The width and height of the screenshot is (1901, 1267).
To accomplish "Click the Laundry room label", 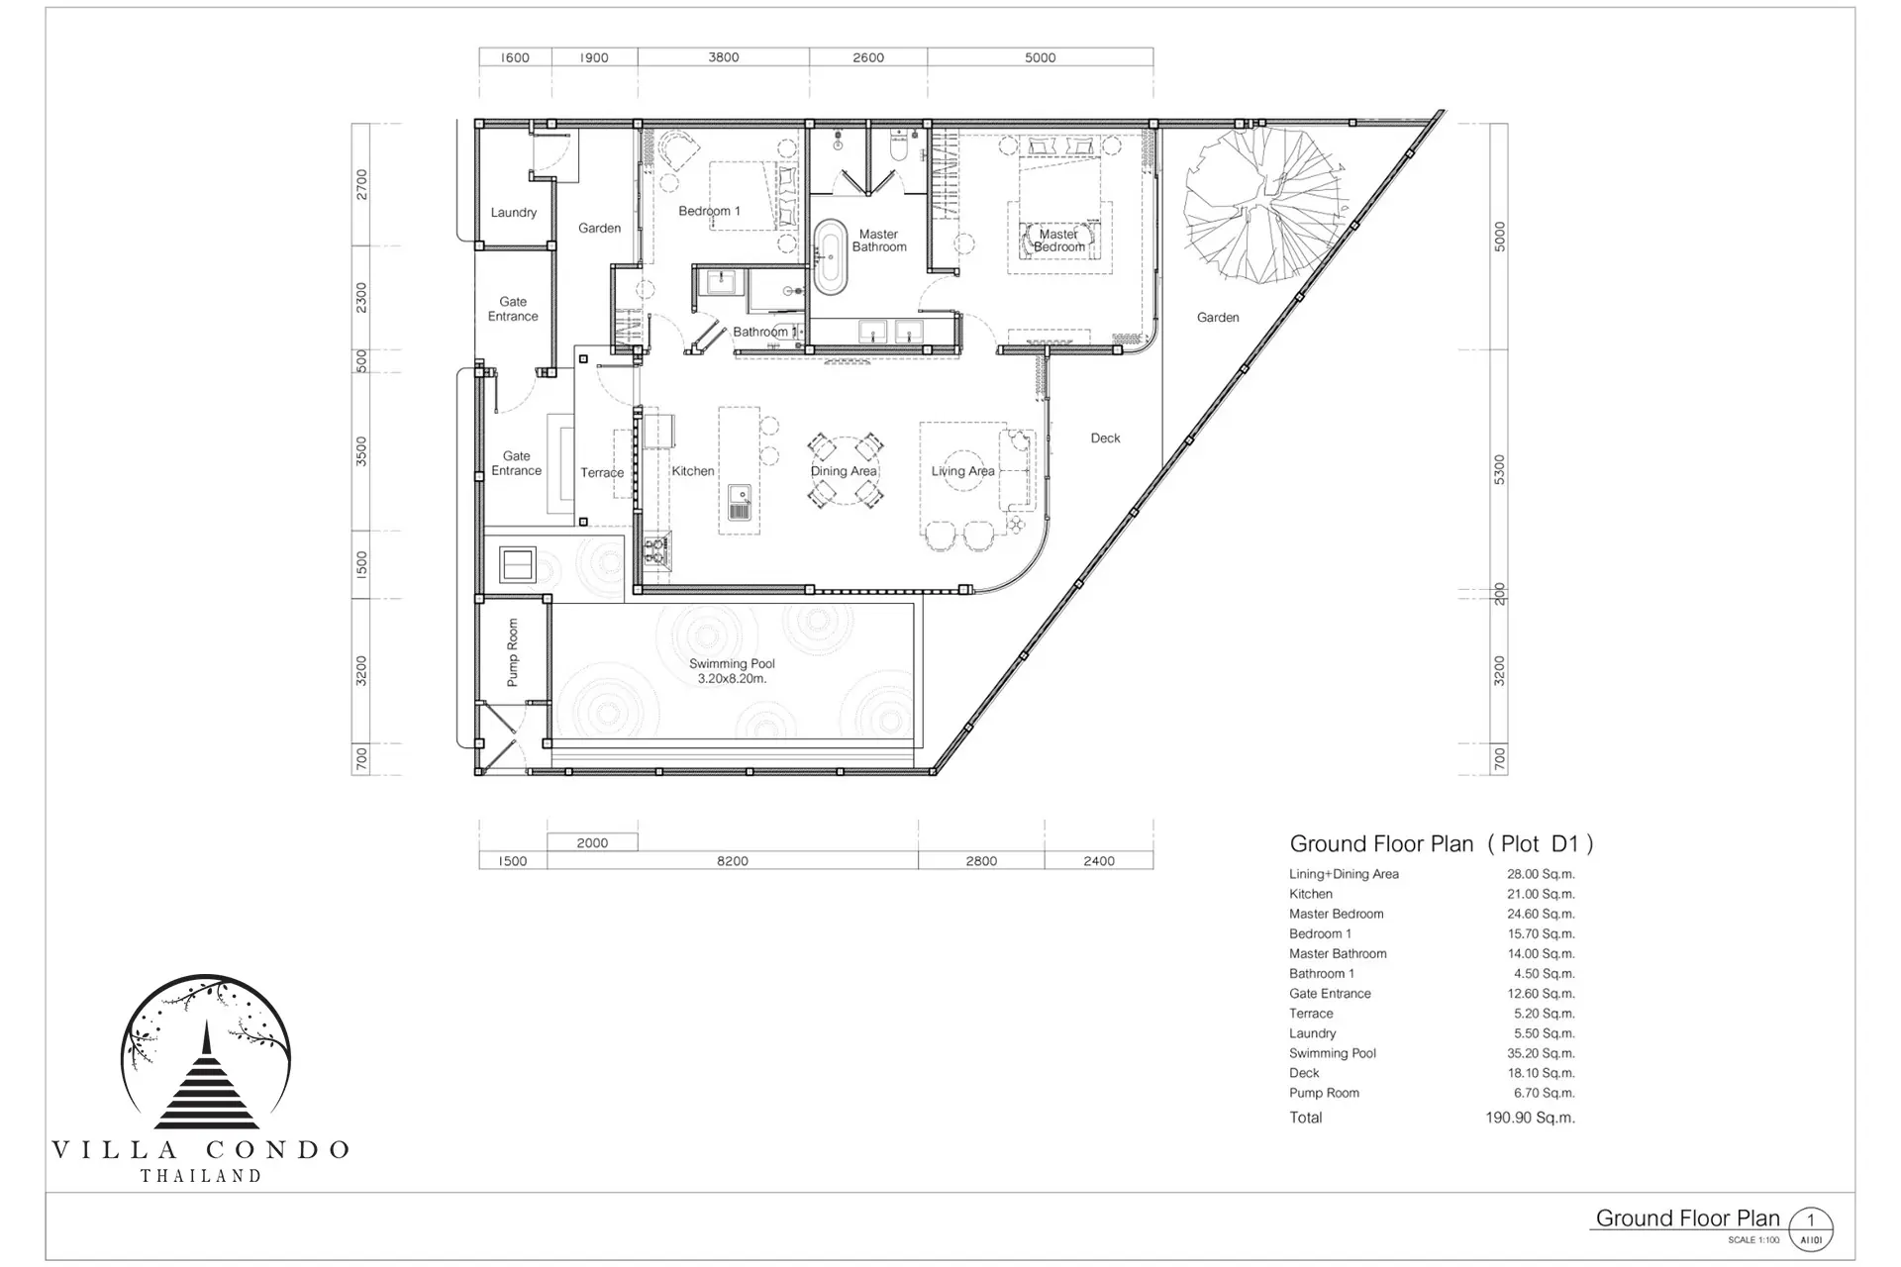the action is [513, 213].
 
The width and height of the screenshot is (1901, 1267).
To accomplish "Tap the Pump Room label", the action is [512, 652].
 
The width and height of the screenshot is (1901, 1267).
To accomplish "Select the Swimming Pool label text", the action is [732, 671].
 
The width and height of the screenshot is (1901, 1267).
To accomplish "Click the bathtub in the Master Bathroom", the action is [831, 256].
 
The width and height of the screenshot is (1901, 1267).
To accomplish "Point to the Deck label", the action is [1105, 438].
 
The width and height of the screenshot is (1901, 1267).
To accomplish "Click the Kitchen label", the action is [693, 471].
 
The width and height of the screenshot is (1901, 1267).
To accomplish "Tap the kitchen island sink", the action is [739, 502].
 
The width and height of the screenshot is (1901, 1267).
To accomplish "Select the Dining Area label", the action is [844, 471].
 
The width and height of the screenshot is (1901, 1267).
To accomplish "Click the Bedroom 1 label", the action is [709, 211].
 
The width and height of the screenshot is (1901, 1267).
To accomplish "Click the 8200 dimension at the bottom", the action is [733, 861].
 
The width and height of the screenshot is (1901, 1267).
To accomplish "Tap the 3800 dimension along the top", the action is [724, 57].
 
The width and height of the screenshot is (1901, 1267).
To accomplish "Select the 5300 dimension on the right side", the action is [1499, 469].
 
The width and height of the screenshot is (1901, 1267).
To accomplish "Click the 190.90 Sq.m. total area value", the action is [1530, 1118].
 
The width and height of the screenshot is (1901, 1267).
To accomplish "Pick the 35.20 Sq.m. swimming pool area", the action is [1541, 1053].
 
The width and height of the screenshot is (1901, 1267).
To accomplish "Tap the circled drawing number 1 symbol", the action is [1811, 1230].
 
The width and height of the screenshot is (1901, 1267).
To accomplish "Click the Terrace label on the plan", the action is [602, 472].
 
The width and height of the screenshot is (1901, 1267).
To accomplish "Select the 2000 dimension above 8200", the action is [592, 843].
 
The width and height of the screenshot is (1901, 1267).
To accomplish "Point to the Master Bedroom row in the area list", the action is [1432, 914].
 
